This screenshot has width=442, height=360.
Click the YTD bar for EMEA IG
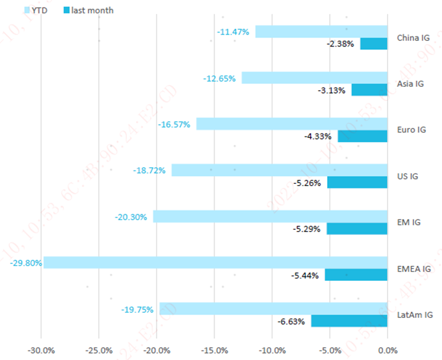point(216,262)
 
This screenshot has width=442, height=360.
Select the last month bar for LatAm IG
point(350,321)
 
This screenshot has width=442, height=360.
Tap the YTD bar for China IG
point(322,31)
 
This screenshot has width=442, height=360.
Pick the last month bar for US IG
point(357,182)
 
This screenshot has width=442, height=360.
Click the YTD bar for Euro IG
point(292,124)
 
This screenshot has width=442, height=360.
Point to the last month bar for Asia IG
point(370,90)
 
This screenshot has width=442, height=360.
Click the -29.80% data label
point(26,262)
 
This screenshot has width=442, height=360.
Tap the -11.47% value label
point(233,32)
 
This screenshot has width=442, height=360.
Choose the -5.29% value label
point(307,229)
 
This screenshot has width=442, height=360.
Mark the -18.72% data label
point(150,170)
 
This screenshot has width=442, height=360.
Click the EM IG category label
point(408,223)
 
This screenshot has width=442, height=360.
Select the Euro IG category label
point(412,130)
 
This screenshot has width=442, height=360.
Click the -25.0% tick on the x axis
point(99,351)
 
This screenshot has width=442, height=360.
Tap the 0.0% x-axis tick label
point(387,351)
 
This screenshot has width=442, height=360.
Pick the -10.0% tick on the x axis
point(272,351)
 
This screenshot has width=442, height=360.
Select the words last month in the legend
point(92,10)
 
